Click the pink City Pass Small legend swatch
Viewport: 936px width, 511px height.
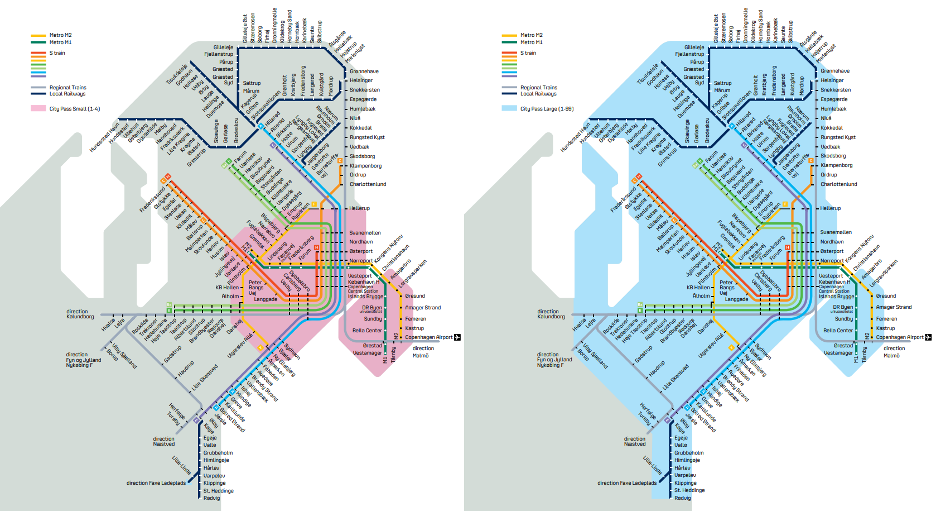point(38,108)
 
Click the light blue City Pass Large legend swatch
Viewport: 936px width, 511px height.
point(509,108)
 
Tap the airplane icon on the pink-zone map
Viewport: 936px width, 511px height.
point(457,337)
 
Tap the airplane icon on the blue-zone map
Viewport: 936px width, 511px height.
point(928,337)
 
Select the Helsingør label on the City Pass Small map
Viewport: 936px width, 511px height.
point(361,80)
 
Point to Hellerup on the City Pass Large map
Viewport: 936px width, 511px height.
point(830,208)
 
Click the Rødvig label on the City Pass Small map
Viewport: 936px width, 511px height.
point(211,498)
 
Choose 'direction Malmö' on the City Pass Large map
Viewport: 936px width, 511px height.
point(894,352)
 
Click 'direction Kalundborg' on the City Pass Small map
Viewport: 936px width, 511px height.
point(80,314)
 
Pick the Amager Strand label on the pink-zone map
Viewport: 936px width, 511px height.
point(423,308)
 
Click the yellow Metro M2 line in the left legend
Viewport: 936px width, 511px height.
point(38,35)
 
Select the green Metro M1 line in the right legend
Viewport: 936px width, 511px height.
point(509,42)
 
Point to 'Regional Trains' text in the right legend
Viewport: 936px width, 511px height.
point(538,88)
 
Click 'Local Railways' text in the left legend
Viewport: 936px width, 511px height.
point(67,94)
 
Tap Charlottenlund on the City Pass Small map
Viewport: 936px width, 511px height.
point(368,184)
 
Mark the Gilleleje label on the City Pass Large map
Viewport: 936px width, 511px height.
point(694,47)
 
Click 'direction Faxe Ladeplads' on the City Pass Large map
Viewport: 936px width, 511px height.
point(627,483)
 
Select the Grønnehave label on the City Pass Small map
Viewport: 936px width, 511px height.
point(364,71)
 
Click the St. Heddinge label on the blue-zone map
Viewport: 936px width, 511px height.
point(689,490)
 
